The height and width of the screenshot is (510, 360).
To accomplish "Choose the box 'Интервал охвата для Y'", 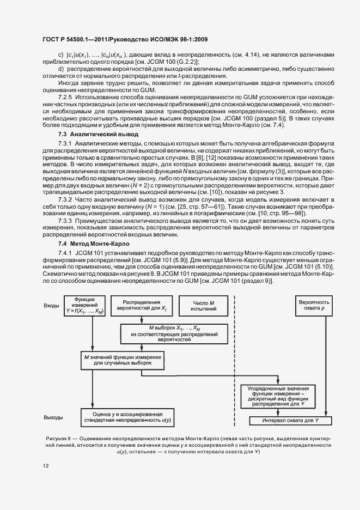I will (x=290, y=421).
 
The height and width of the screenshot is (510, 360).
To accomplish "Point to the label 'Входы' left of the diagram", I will (x=51, y=306).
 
